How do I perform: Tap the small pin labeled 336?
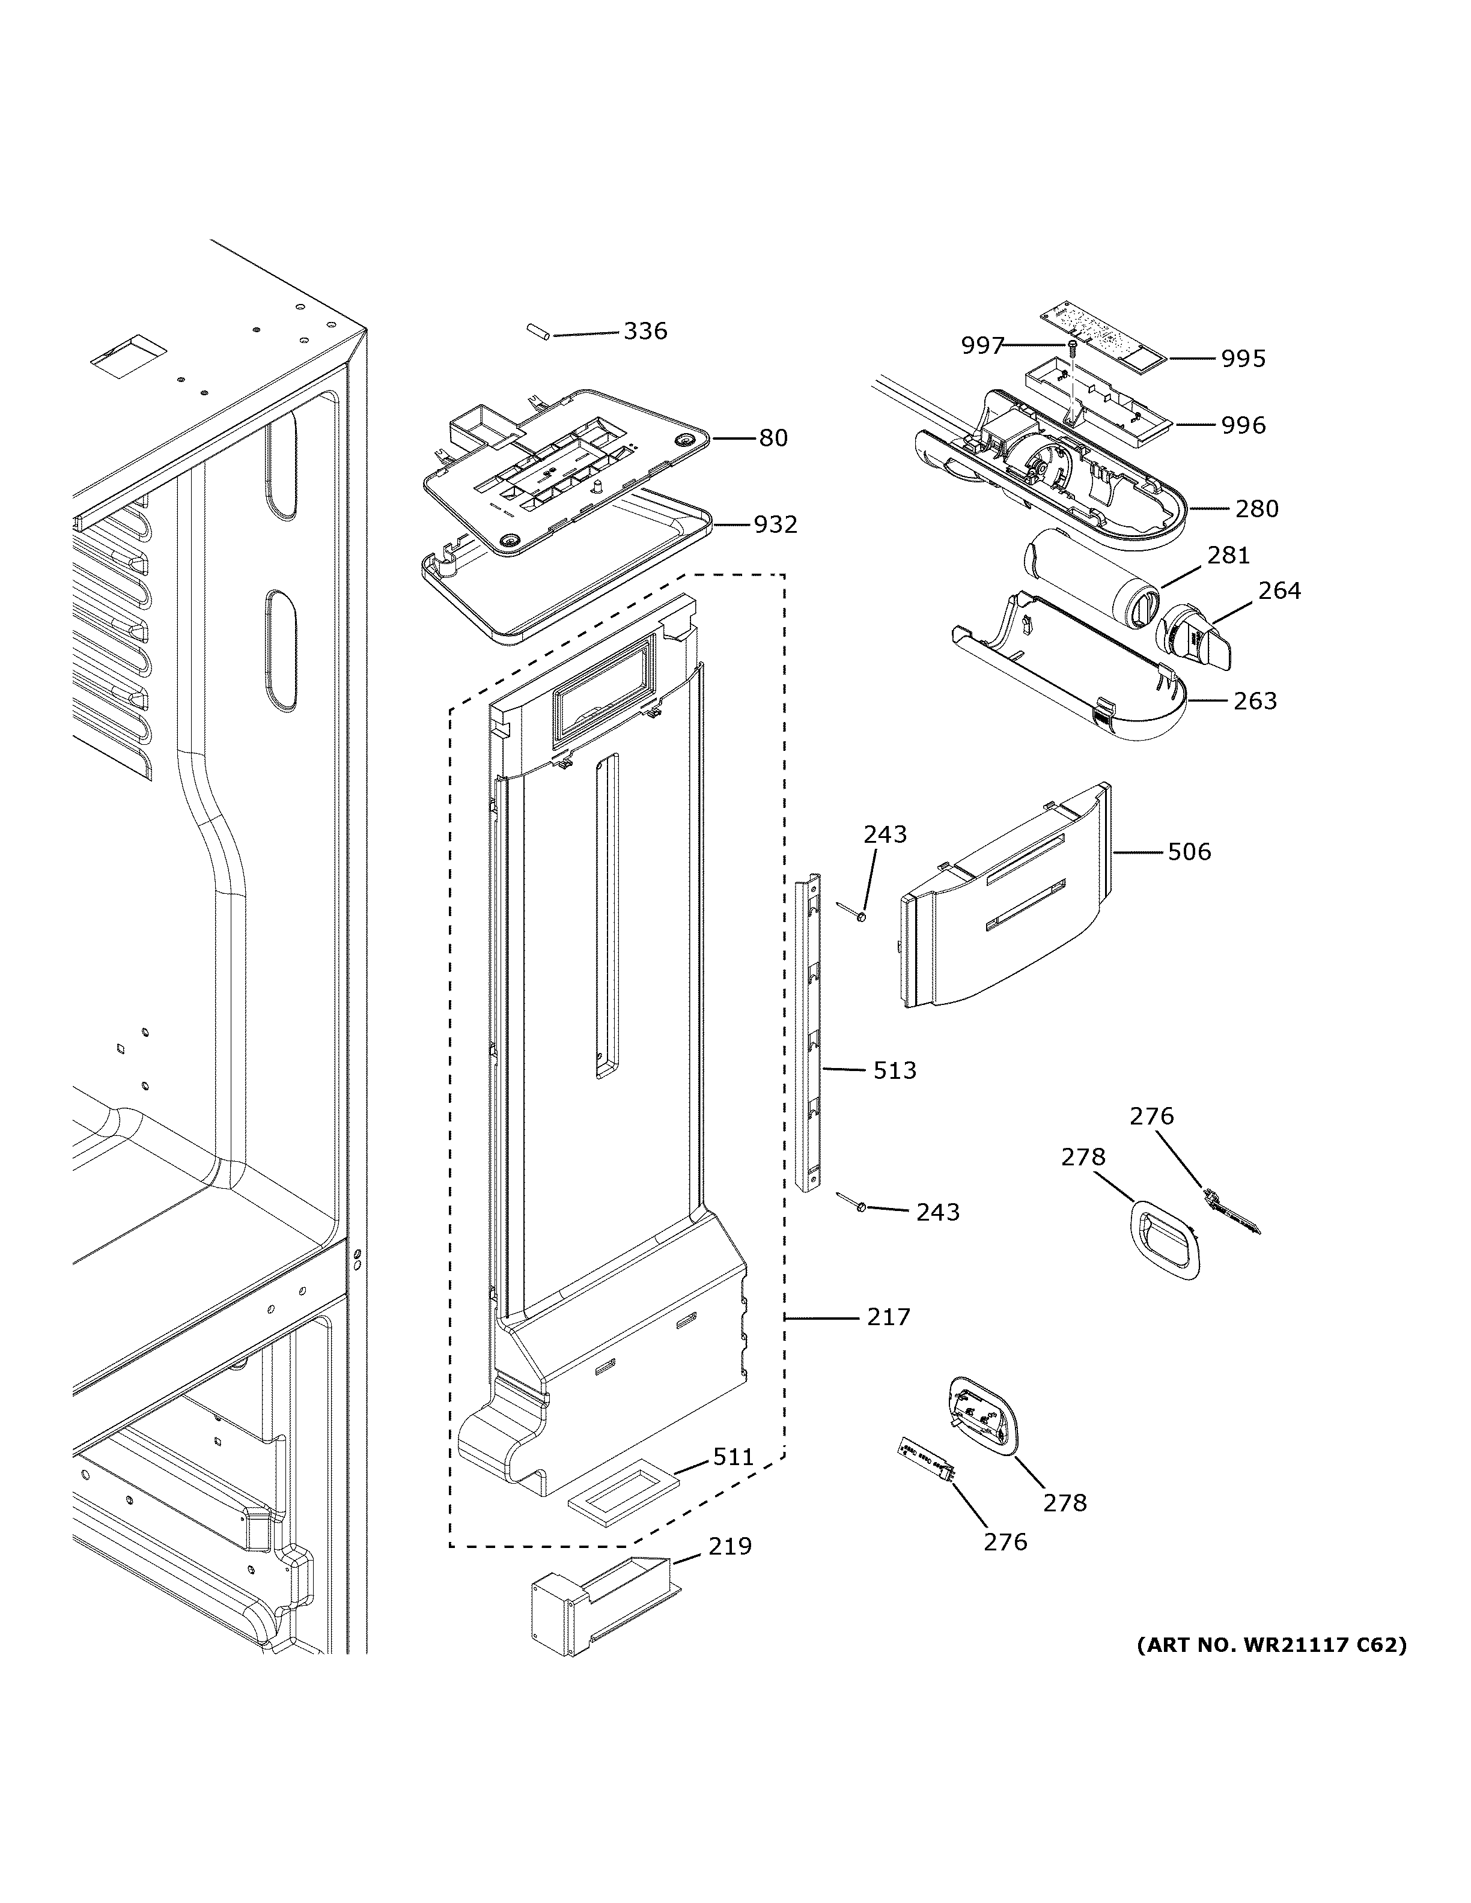click(537, 333)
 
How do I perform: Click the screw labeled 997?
click(1073, 348)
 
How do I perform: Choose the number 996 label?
click(1243, 425)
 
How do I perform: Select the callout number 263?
click(1255, 700)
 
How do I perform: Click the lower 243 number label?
click(937, 1212)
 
